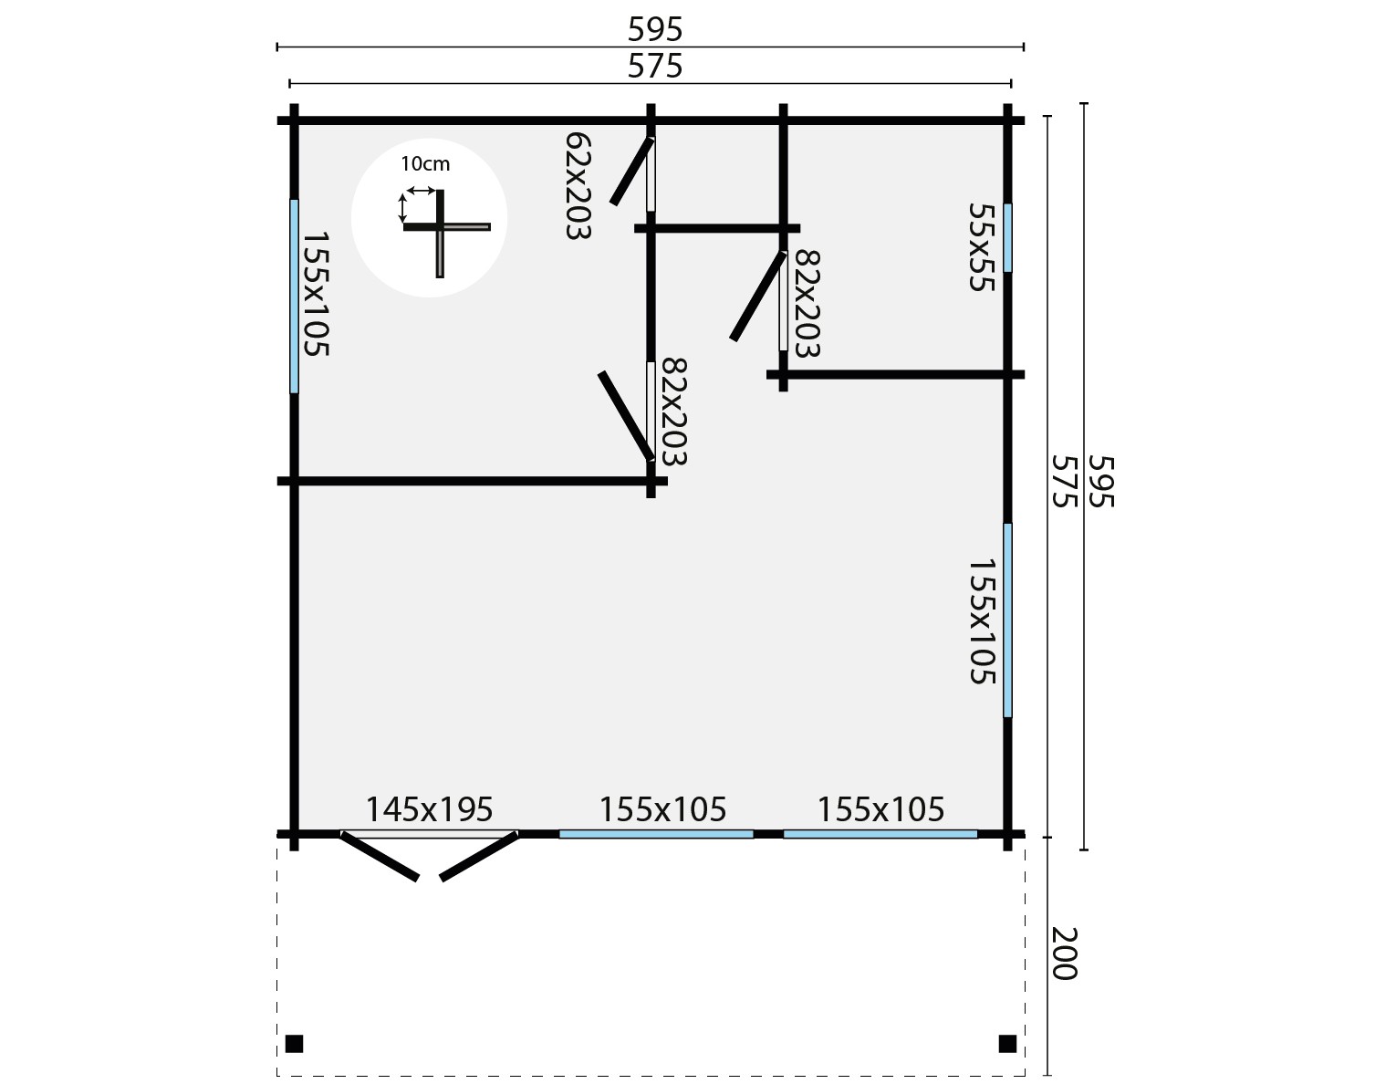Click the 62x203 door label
click(x=578, y=185)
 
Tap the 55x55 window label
click(x=980, y=246)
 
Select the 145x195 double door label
click(x=429, y=809)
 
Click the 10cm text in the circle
click(x=425, y=165)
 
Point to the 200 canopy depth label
click(x=1065, y=954)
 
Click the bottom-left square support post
click(x=294, y=1043)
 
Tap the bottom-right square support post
click(x=1007, y=1043)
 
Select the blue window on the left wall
click(x=294, y=296)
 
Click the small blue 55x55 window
click(x=1007, y=237)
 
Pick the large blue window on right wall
click(x=1007, y=620)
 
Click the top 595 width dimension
click(x=655, y=30)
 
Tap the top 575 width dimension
click(x=655, y=67)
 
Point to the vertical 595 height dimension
click(x=1102, y=482)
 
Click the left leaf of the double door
click(x=380, y=856)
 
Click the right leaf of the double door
click(x=480, y=856)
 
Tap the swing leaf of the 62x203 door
click(x=631, y=172)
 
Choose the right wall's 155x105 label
click(x=980, y=621)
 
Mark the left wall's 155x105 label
click(x=315, y=294)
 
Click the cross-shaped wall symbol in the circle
click(x=442, y=228)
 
